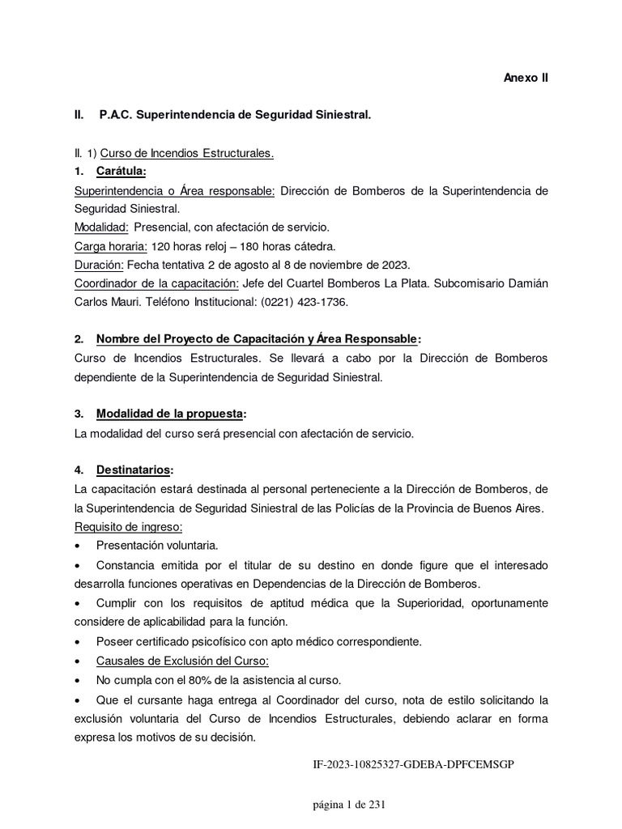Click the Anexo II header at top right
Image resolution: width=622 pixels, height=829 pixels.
[x=526, y=79]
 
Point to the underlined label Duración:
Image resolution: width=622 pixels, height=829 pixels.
[x=97, y=264]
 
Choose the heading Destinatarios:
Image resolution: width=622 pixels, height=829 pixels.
[x=134, y=470]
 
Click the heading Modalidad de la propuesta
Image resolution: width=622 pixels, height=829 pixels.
[x=168, y=414]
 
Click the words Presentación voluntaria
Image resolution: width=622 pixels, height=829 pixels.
[x=157, y=545]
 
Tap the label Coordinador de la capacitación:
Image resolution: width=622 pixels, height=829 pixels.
[x=155, y=283]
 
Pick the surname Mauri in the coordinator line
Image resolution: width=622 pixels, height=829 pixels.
[x=129, y=301]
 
